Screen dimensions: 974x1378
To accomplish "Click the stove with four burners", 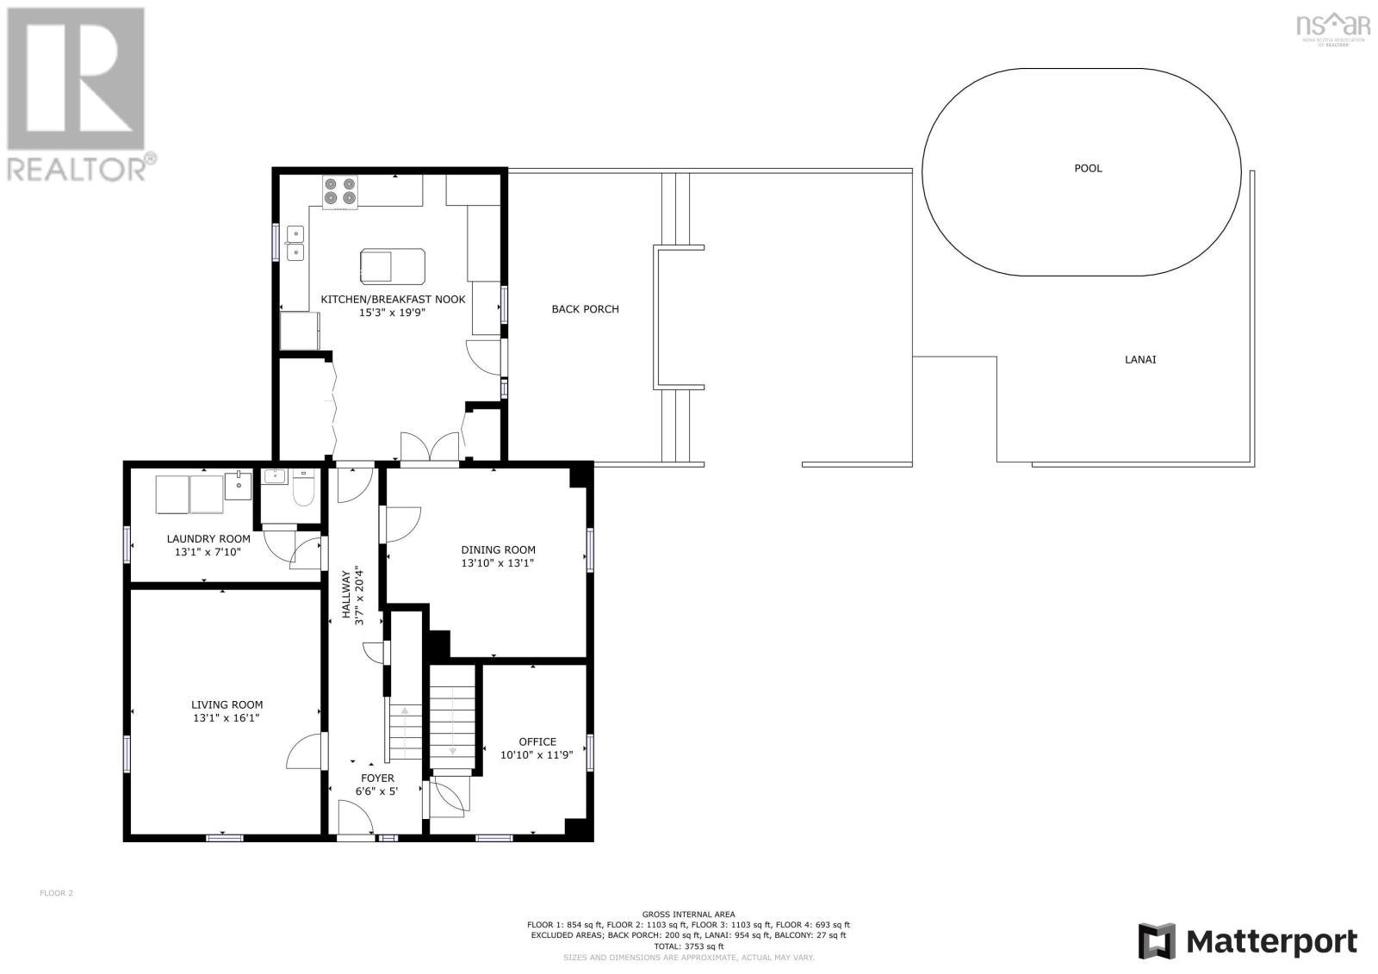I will coord(339,191).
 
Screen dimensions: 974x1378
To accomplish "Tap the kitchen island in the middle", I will coord(392,265).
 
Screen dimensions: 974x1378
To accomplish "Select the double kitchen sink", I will coord(295,242).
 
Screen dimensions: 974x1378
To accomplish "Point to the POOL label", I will coord(1088,168).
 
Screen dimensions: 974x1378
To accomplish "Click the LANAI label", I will coord(1140,359).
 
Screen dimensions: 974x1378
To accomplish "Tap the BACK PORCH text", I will coord(585,309).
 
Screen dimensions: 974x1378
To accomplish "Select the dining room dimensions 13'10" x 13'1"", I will coord(498,563).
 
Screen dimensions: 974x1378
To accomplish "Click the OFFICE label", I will coord(537,741).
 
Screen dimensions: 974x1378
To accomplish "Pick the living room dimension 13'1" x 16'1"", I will coord(227,717).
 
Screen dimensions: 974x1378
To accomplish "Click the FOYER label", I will coord(376,778).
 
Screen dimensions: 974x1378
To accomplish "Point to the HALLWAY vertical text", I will coord(346,594).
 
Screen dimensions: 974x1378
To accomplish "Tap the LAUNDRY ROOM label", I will coord(208,539).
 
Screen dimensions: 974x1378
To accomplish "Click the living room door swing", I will coord(303,752).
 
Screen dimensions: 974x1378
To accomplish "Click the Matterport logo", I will coord(1247,941).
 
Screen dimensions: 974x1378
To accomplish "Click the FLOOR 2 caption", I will coord(57,893).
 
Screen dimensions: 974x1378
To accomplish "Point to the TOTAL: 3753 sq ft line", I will coord(688,946).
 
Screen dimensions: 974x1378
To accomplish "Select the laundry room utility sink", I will coord(238,485).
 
